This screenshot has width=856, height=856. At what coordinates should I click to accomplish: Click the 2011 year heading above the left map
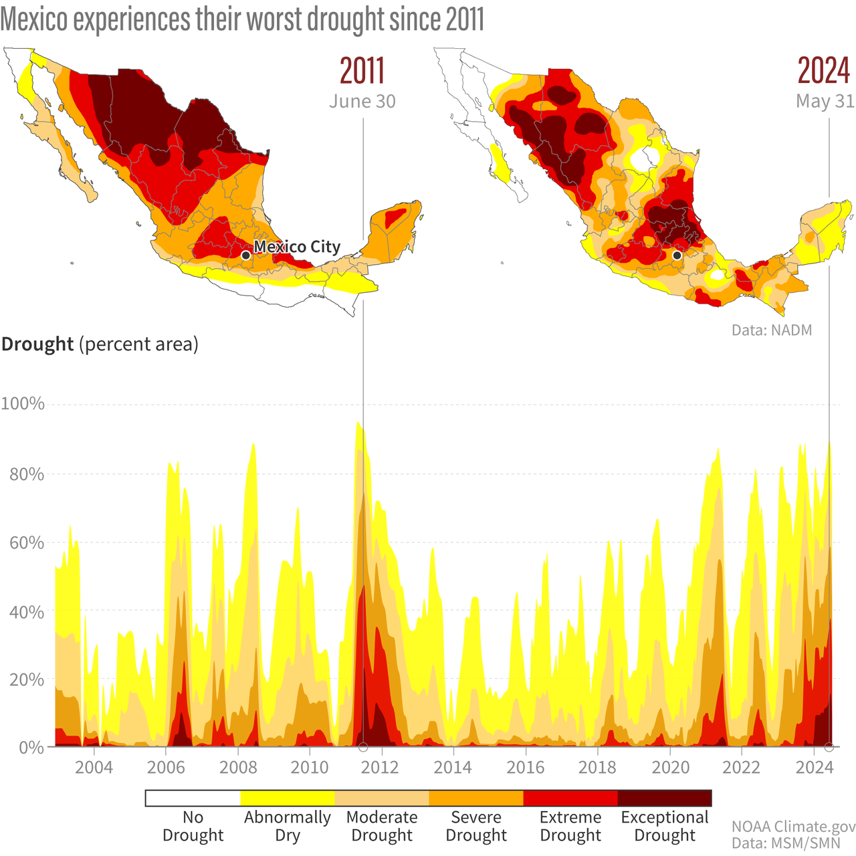362,71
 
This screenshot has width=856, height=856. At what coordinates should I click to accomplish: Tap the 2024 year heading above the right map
824,71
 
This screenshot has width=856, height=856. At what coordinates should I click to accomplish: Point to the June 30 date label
362,102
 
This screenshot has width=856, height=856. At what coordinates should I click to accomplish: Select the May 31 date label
825,102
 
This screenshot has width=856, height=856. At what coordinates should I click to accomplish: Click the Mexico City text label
297,247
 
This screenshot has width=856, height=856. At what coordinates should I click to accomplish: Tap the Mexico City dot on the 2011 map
245,255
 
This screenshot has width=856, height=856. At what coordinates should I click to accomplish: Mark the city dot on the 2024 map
677,255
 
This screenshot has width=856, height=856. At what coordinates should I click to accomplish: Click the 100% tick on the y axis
23,404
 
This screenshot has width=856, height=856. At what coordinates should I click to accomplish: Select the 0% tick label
31,748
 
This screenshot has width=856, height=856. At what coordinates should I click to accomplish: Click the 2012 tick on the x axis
380,767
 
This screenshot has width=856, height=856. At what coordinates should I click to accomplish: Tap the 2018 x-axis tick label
597,767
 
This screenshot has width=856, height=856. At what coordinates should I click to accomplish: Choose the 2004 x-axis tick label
93,767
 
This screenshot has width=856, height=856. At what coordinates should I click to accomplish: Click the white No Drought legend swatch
193,798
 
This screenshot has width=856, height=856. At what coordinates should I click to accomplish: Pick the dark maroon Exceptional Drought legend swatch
664,798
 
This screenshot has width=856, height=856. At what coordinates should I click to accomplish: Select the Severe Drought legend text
476,826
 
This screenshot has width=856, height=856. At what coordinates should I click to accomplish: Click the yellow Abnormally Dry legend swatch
288,798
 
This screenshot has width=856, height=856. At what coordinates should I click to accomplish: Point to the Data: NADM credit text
771,330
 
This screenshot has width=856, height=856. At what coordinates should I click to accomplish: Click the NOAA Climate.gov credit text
793,827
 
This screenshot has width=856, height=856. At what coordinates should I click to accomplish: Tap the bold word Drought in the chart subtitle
37,344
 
